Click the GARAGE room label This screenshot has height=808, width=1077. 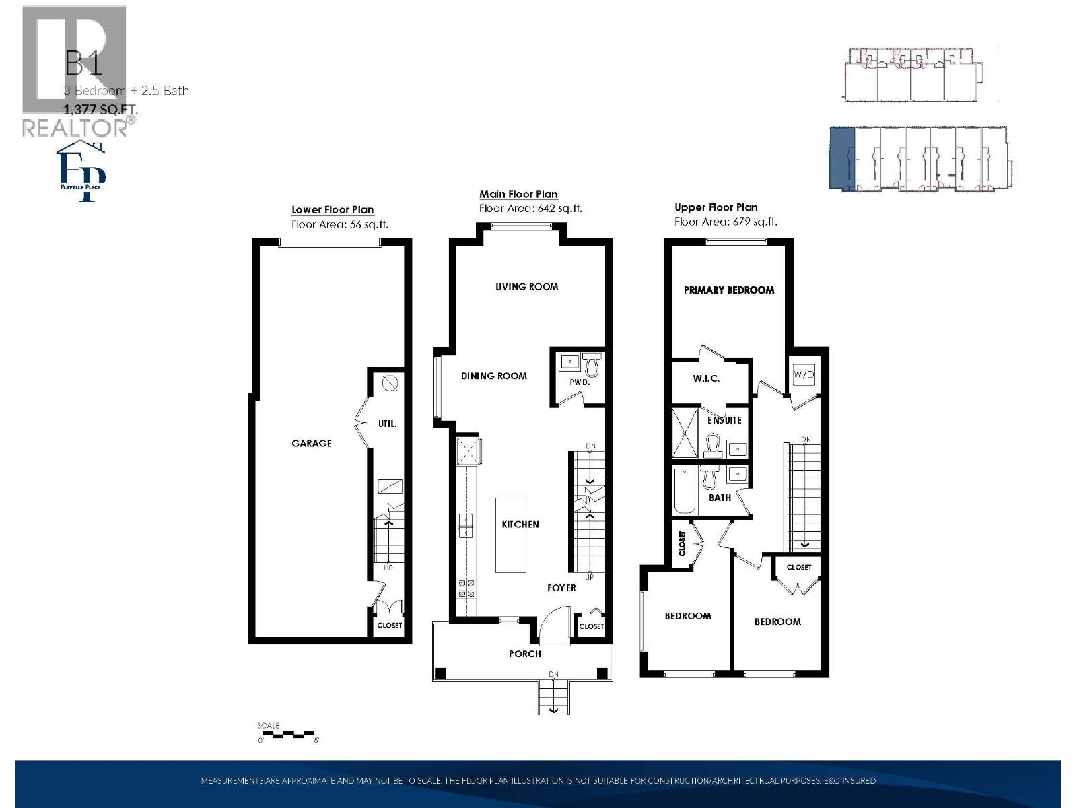tap(312, 444)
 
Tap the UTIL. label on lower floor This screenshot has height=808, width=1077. tap(387, 424)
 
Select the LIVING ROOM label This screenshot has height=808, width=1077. tap(526, 287)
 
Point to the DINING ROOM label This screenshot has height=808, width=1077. tap(493, 376)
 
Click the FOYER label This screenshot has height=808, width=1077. tap(561, 588)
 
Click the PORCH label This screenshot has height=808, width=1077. tap(524, 654)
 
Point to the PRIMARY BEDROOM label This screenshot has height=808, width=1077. tap(728, 290)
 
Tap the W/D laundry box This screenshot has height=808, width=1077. tap(804, 374)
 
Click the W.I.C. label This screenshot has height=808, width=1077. tap(706, 379)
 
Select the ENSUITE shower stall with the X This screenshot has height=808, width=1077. tap(687, 434)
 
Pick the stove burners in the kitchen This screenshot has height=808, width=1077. tap(466, 588)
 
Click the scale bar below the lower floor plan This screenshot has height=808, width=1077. tap(287, 733)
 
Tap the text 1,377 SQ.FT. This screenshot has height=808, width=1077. tap(100, 109)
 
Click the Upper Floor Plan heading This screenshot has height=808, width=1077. tap(716, 208)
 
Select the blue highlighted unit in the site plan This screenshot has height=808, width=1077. tap(841, 158)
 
